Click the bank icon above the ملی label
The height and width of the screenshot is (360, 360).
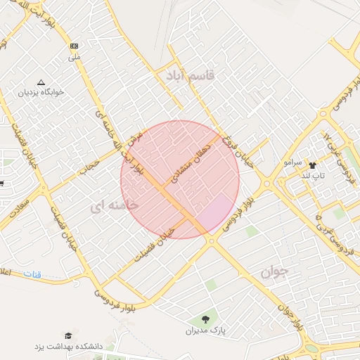coord(75,46)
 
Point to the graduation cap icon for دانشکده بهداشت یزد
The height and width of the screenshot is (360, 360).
coord(68,336)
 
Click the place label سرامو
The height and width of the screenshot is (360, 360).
coord(293,162)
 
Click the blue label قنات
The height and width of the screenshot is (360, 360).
coord(32,273)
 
